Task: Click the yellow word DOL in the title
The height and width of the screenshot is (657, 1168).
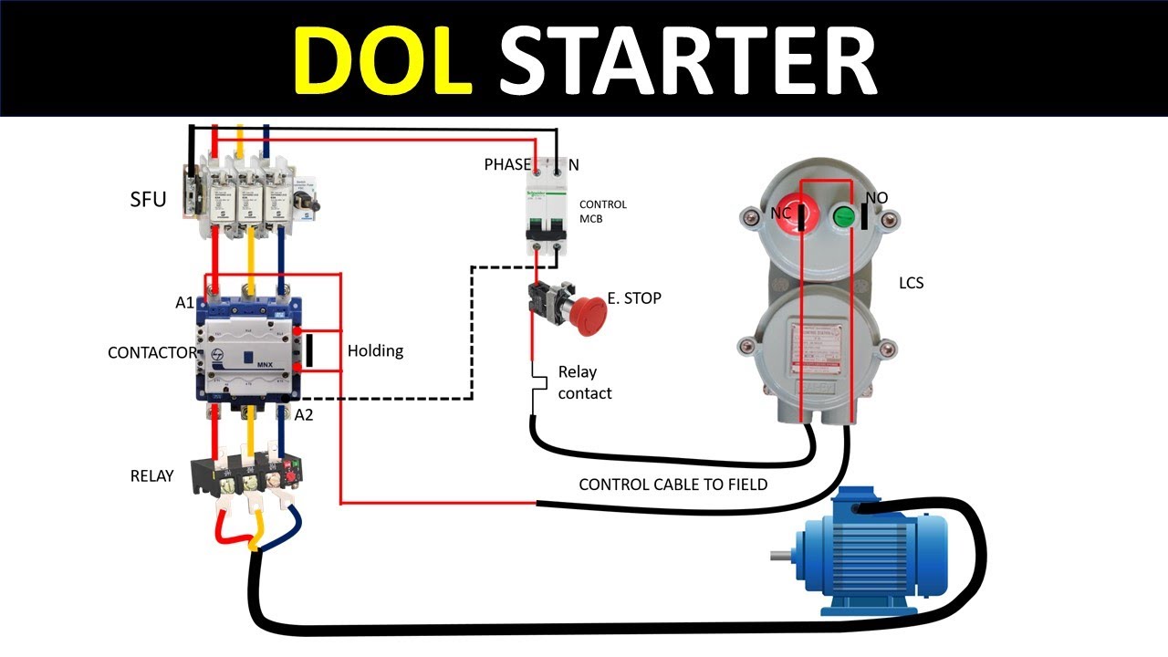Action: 383,58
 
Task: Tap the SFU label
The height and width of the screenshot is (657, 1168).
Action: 148,199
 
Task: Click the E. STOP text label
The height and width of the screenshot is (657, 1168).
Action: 634,298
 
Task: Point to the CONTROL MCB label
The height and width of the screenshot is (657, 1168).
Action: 603,211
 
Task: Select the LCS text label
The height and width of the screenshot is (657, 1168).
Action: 911,283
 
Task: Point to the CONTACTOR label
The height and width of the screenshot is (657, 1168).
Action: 151,352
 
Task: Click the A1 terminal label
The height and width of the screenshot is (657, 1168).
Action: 185,303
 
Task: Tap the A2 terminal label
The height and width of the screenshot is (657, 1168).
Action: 304,415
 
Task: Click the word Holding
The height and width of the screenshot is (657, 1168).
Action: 375,350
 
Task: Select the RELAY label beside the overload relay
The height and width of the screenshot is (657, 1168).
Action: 151,475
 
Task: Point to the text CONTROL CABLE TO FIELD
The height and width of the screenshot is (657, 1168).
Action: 673,485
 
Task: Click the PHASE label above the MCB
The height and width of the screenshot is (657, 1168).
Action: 507,164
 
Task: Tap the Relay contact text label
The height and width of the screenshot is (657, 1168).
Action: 584,382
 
